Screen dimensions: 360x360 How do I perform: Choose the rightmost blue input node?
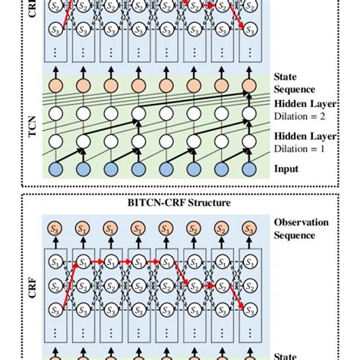(x=248, y=168)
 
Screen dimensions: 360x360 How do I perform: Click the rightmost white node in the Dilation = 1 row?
(x=248, y=141)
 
